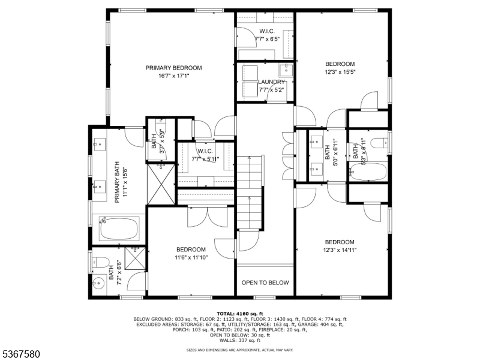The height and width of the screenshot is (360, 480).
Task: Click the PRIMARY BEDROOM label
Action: [173, 68]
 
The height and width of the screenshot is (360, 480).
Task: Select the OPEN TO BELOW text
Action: [265, 283]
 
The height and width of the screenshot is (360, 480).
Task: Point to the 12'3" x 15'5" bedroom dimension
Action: [340, 72]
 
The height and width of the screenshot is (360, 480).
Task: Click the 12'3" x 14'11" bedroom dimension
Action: [340, 250]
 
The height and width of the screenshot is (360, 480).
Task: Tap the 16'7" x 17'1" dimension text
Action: [173, 76]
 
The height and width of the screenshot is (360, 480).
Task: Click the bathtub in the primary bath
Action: [119, 229]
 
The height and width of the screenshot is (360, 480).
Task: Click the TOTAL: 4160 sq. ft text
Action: [240, 314]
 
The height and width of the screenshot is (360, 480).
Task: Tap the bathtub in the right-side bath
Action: [368, 173]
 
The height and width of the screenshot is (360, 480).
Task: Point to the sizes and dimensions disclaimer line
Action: [240, 349]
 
